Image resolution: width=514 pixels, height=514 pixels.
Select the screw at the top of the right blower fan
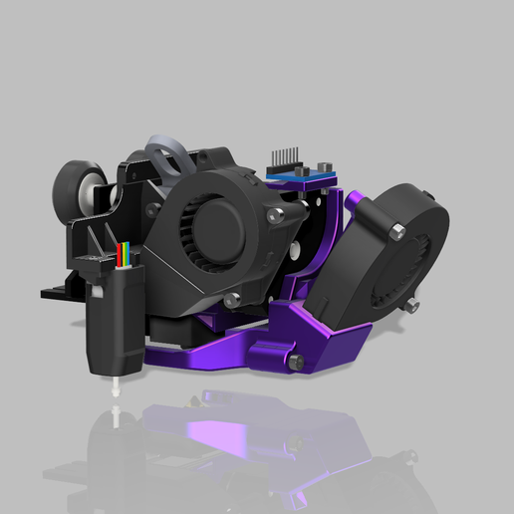coord(398,231)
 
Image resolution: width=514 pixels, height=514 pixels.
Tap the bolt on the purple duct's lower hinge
coord(295,363)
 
